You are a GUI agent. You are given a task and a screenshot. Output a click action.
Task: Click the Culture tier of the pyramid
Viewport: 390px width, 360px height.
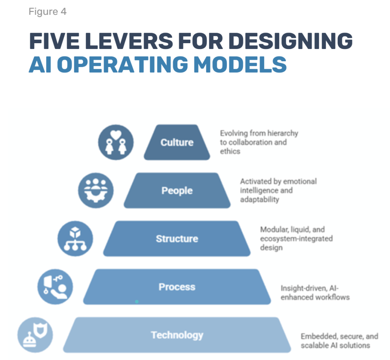[x=177, y=142]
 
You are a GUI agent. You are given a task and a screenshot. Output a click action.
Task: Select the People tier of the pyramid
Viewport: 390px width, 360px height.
[x=177, y=190]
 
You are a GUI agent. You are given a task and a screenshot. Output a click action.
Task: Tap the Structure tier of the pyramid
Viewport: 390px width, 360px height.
[x=177, y=239]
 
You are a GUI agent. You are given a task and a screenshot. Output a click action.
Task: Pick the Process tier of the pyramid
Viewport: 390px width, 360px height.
[x=177, y=287]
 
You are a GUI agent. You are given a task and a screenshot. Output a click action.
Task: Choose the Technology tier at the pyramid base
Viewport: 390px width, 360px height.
[x=177, y=335]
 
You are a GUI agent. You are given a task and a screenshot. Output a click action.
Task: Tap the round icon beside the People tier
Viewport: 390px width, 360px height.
[x=96, y=190]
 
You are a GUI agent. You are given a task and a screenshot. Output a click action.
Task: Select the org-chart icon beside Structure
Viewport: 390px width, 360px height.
[x=75, y=239]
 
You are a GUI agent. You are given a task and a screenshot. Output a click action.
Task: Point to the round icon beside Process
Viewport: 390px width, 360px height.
[x=55, y=287]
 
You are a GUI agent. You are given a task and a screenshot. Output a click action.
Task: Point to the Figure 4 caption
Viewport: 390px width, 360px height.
[x=47, y=12]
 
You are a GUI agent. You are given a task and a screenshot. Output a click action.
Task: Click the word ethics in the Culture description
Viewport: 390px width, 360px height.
[x=230, y=151]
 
